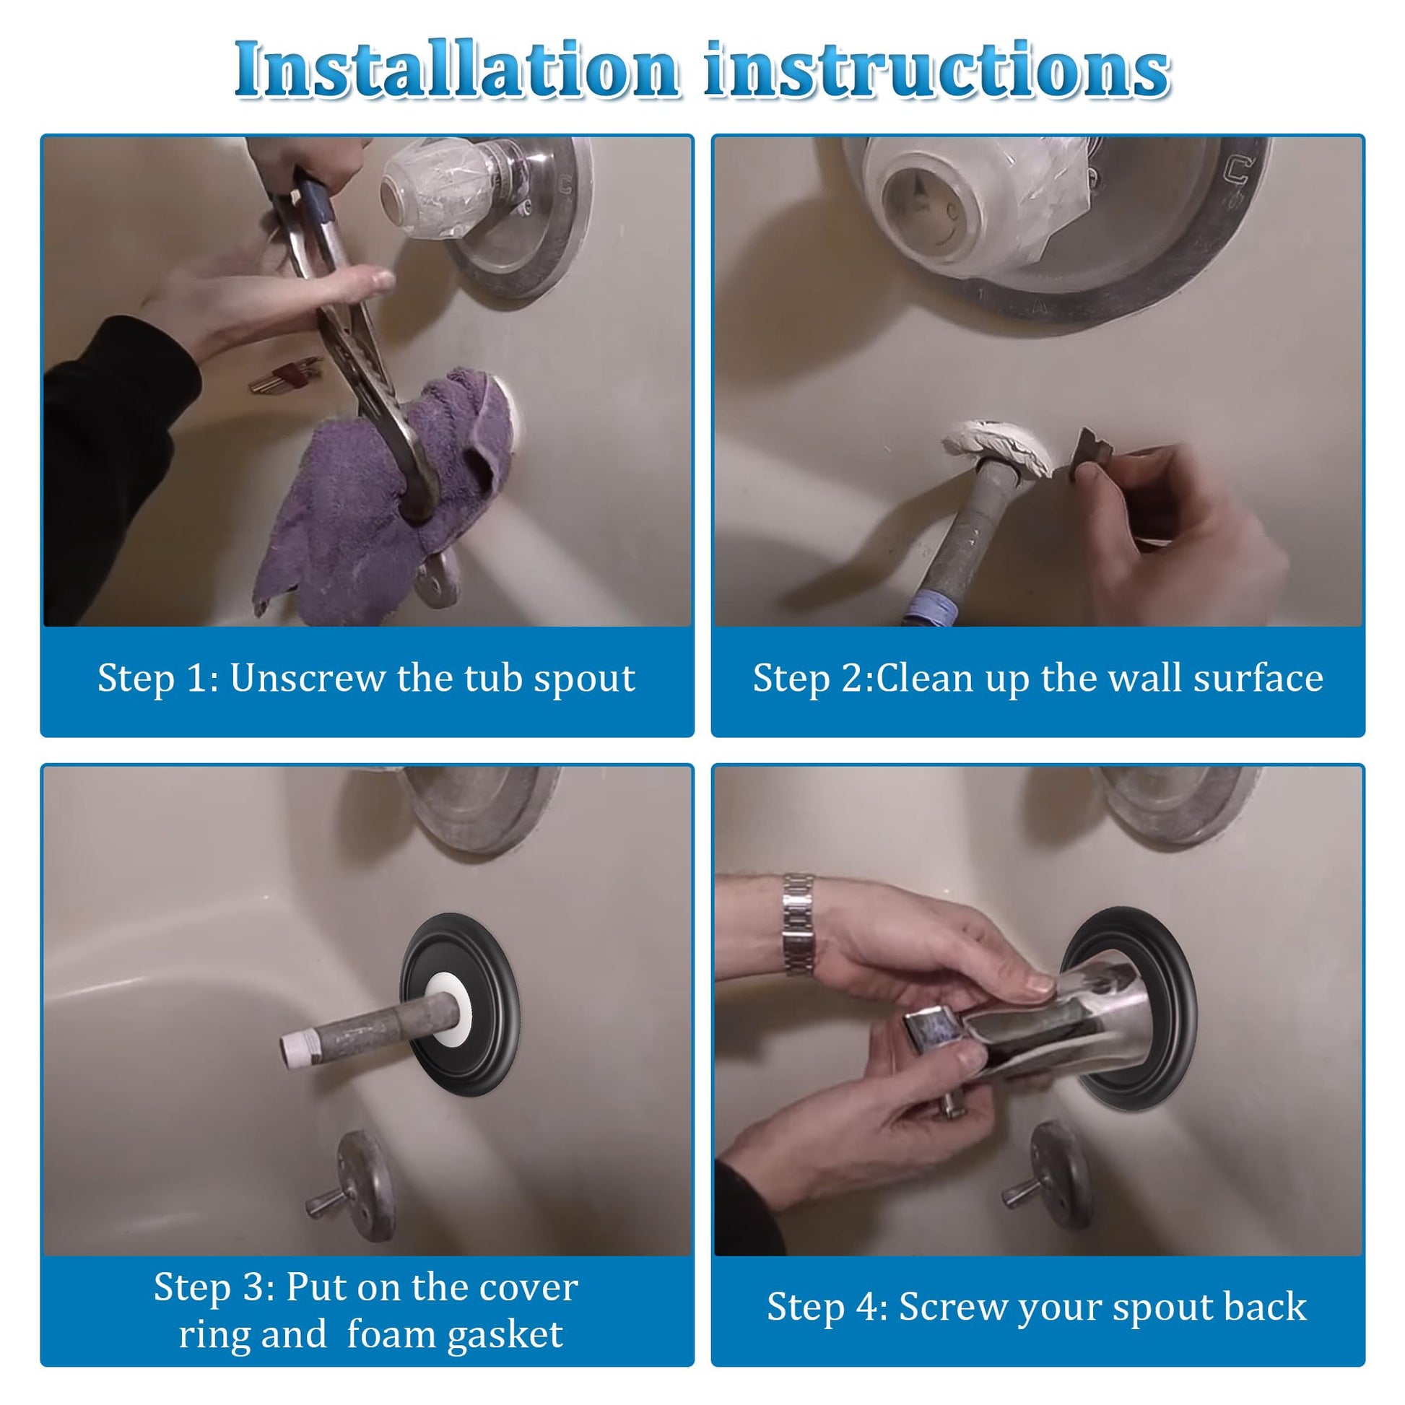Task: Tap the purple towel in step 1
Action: click(378, 502)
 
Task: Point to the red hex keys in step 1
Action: click(285, 374)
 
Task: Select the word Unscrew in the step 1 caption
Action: click(308, 678)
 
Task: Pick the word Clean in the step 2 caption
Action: click(924, 678)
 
